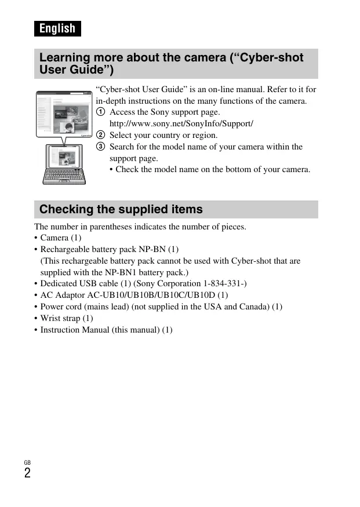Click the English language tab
point(57,28)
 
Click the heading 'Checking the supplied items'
point(121,209)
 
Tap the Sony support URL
point(181,124)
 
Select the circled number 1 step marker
point(100,112)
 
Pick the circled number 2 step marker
point(100,136)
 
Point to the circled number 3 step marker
point(100,147)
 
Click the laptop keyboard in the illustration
point(64,174)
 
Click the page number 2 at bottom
point(27,473)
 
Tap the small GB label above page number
point(27,462)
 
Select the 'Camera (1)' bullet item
point(61,238)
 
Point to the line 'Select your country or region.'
point(163,136)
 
